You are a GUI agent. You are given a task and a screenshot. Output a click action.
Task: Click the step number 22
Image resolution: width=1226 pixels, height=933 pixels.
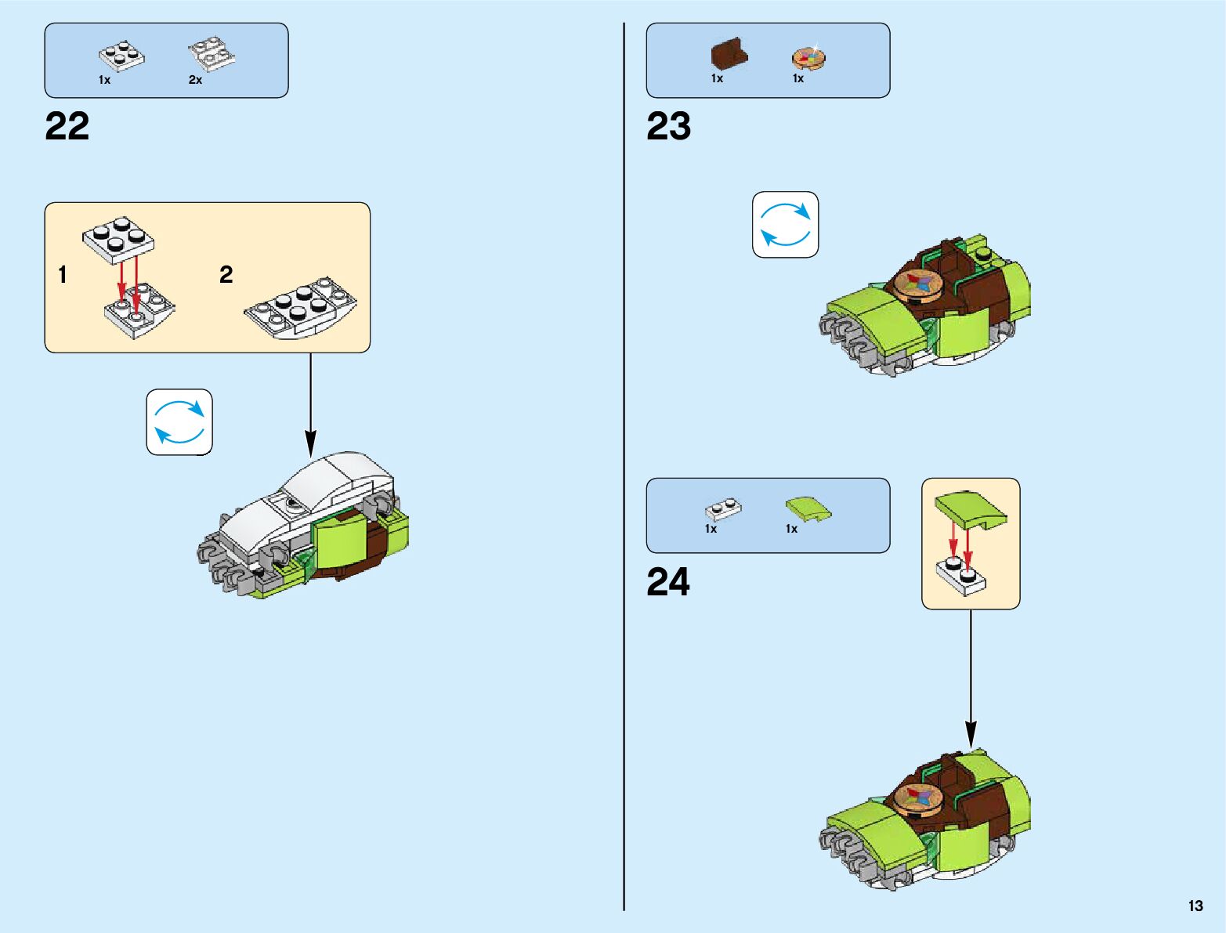coord(67,126)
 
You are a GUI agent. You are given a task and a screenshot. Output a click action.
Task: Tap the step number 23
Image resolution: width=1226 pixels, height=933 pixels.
coord(668,126)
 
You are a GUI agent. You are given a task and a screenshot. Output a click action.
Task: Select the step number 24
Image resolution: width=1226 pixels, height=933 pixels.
coord(668,582)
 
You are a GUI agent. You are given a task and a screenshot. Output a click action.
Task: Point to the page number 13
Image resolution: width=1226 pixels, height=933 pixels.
coord(1195,906)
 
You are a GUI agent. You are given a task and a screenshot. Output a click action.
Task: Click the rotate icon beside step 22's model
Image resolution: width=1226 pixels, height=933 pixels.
coord(179,421)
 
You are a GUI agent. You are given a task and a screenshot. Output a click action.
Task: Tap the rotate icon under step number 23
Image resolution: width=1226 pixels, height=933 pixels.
coord(785,224)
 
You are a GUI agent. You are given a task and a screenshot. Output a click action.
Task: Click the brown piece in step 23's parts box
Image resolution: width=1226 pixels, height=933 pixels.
coord(729,55)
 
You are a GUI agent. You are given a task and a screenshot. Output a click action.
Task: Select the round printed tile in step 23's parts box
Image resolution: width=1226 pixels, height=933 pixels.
coord(808,58)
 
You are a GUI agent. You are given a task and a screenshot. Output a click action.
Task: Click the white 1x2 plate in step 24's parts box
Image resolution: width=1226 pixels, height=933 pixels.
coord(723,509)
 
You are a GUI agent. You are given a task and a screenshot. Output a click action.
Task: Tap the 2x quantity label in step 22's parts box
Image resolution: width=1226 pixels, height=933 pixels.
coord(195,80)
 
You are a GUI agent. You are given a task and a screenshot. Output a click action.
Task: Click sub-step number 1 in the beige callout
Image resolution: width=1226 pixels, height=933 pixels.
coord(63,275)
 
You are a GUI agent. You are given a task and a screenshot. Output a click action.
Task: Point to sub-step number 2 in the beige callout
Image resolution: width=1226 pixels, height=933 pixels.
coord(226,275)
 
